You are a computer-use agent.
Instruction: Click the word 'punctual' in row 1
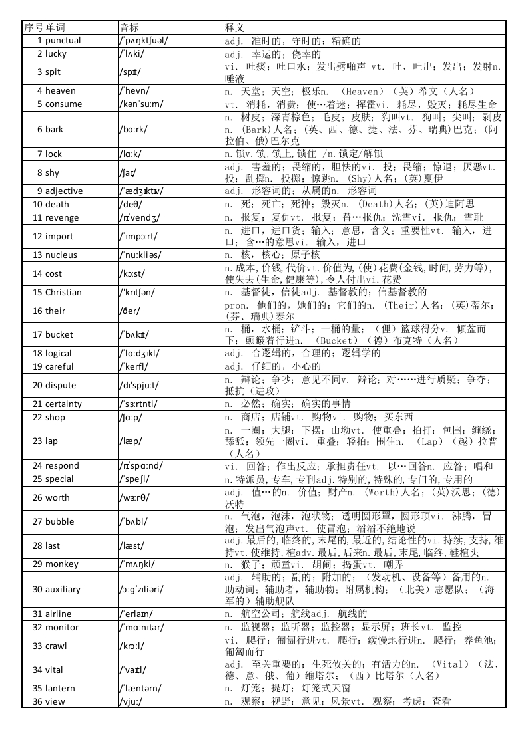[x=63, y=41]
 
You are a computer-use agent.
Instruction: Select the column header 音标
[x=129, y=27]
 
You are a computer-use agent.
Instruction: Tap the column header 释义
[x=235, y=27]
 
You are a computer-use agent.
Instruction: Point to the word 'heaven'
[x=61, y=91]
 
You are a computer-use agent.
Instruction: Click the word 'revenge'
[x=62, y=217]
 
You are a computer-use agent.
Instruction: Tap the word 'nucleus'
[x=61, y=255]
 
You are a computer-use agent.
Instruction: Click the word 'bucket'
[x=59, y=334]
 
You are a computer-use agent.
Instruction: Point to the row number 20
[x=37, y=385]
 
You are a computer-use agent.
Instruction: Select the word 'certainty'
[x=64, y=404]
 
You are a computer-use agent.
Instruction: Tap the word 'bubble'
[x=60, y=521]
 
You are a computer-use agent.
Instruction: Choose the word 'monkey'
[x=62, y=564]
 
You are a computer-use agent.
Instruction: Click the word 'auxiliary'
[x=63, y=589]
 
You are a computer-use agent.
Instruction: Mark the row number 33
[x=37, y=646]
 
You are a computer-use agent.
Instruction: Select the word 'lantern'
[x=60, y=688]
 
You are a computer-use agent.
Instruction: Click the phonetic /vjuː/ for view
[x=131, y=701]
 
